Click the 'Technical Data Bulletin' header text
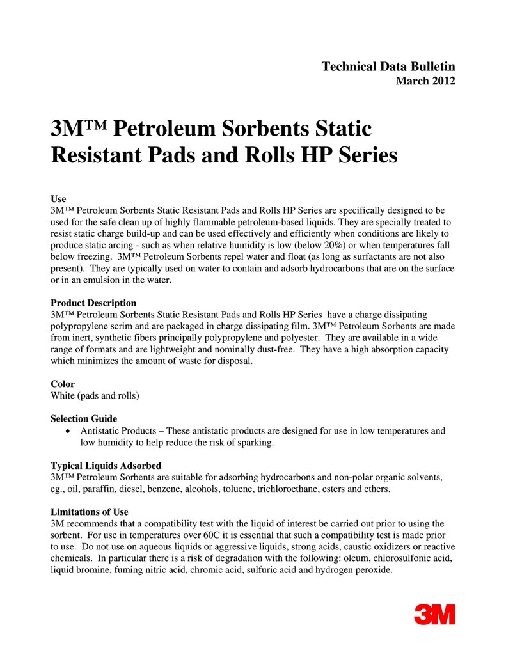[388, 67]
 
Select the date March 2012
[425, 81]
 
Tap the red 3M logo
[434, 614]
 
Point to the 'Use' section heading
[58, 199]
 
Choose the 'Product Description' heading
[93, 303]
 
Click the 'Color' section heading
[63, 384]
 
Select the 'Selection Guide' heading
[84, 419]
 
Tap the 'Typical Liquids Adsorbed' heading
[106, 466]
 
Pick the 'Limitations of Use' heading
[90, 512]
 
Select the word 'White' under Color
[64, 395]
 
